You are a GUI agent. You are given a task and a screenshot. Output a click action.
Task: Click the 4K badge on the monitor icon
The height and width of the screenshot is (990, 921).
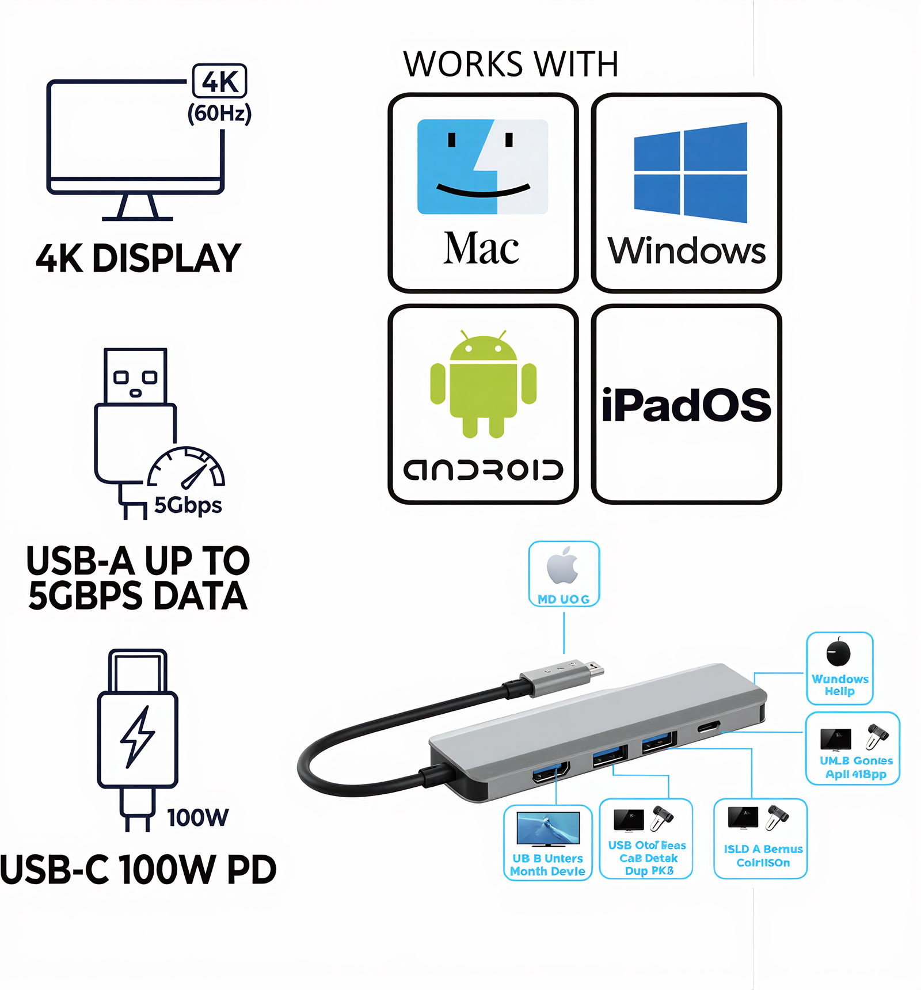pos(219,81)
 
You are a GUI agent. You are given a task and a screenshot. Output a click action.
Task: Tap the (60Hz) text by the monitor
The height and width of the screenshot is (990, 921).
pos(219,113)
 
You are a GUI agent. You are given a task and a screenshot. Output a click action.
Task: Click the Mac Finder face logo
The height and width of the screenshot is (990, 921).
pos(482,166)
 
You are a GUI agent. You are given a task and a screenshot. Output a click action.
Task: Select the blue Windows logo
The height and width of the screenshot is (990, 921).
pos(690,172)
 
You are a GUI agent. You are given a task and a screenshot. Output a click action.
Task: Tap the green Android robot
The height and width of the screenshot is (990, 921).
pos(483,383)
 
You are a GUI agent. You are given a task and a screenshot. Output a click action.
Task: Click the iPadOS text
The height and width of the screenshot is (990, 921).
pos(686,405)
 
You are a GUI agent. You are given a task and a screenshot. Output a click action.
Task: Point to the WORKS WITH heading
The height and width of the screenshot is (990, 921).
pos(511,64)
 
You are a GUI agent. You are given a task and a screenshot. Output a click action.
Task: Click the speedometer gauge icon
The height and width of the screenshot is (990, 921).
pos(186,467)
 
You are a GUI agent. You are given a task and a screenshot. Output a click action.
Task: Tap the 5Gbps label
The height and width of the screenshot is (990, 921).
pos(188,505)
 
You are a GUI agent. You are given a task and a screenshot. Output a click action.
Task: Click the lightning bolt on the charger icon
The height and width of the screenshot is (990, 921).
pos(138,737)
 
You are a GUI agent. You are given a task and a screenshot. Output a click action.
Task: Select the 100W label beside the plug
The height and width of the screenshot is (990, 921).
pos(197,817)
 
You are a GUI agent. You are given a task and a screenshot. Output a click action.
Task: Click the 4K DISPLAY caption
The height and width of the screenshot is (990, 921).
pos(138,258)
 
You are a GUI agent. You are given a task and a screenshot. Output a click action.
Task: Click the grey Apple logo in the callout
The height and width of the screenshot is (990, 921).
pos(563,566)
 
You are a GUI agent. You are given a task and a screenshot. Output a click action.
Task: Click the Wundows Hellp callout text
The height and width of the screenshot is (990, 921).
pos(840,685)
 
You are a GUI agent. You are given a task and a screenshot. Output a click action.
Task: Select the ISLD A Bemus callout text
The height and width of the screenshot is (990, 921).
pos(763,855)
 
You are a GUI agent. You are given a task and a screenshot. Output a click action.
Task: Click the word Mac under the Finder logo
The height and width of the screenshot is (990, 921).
pos(481,249)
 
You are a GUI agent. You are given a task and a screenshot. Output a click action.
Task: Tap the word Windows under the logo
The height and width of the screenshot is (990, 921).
pos(687,251)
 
